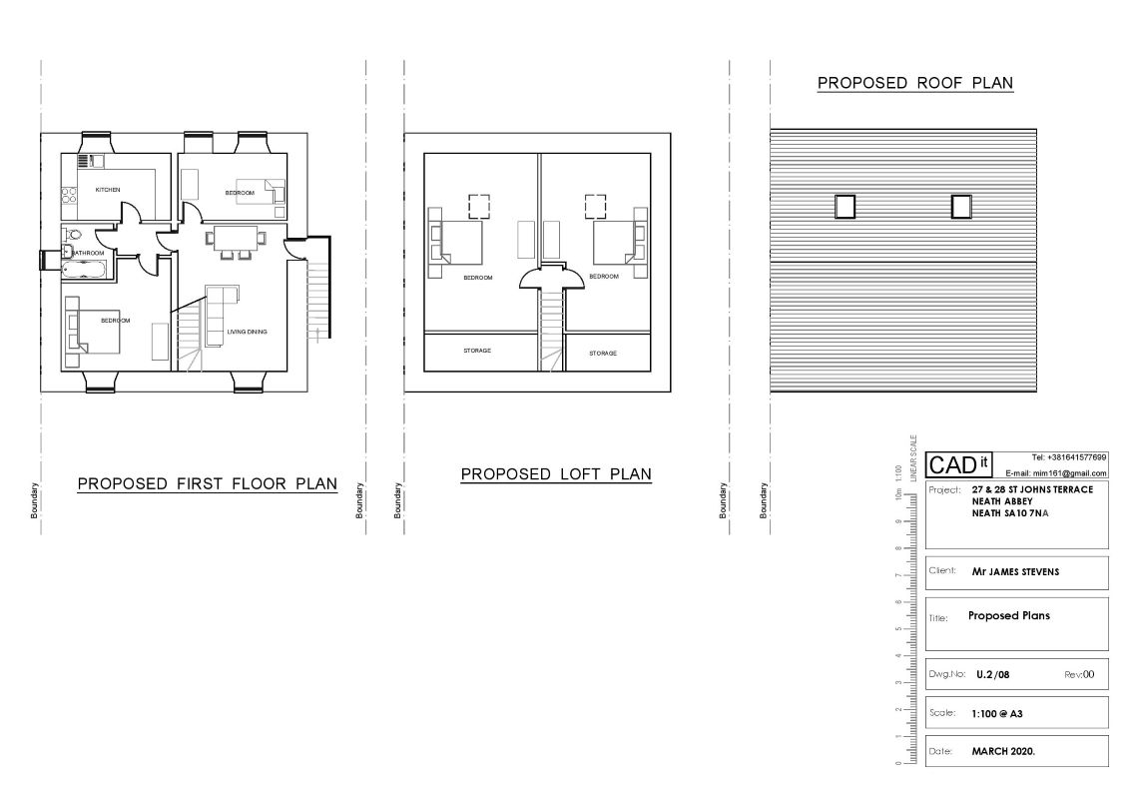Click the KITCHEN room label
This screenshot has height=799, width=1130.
(x=108, y=189)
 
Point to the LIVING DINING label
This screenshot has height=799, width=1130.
(x=247, y=332)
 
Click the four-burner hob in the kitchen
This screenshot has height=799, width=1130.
(x=70, y=195)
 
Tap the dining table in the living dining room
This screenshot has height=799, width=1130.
(x=236, y=238)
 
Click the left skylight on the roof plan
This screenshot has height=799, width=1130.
(x=845, y=206)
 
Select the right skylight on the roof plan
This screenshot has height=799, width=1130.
(x=961, y=206)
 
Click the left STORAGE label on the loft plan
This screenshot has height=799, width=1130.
(x=477, y=351)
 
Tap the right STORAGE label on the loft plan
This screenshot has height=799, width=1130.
(x=602, y=353)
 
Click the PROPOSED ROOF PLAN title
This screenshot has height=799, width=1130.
(x=915, y=83)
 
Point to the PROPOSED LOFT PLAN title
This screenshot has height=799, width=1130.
(x=556, y=474)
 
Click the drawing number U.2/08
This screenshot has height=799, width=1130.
(x=994, y=674)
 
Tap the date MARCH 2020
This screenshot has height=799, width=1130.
(x=1003, y=750)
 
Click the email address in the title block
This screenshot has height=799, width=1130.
(x=1056, y=472)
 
